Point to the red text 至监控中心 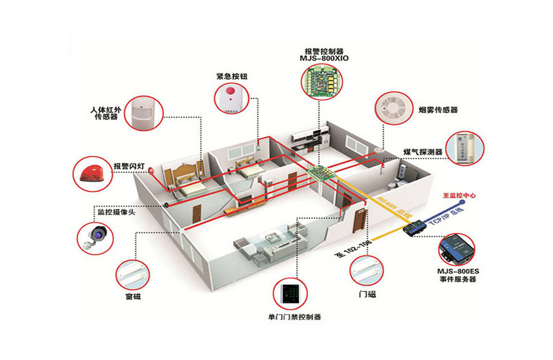pyautogui.click(x=459, y=196)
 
